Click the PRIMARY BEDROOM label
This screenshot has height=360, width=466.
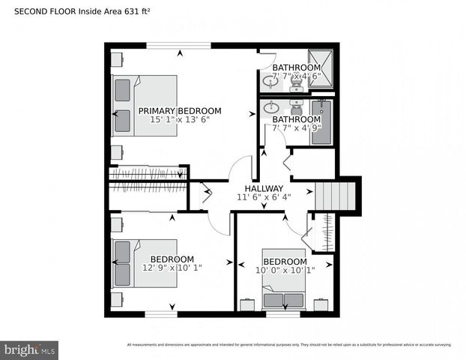coord(180,110)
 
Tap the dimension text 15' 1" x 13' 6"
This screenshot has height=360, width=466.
coord(180,119)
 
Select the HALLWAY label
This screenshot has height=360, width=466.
coord(264,188)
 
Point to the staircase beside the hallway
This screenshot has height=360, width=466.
coord(336,196)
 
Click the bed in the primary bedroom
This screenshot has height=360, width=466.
coord(145,106)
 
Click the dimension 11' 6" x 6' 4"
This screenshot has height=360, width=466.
coord(264,198)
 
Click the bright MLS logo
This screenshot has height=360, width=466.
coord(30,350)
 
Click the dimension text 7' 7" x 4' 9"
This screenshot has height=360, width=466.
coord(297,128)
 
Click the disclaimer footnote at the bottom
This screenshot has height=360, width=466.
coord(289,345)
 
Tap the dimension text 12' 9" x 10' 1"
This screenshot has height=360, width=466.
coord(172,267)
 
